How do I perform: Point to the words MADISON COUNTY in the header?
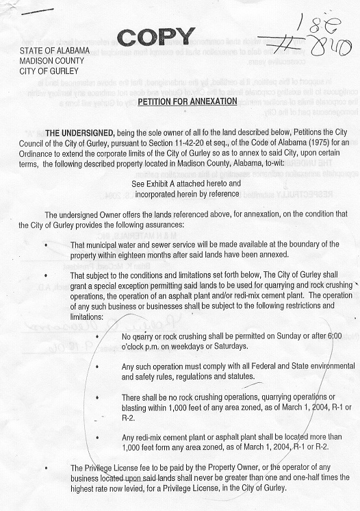(49, 60)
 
